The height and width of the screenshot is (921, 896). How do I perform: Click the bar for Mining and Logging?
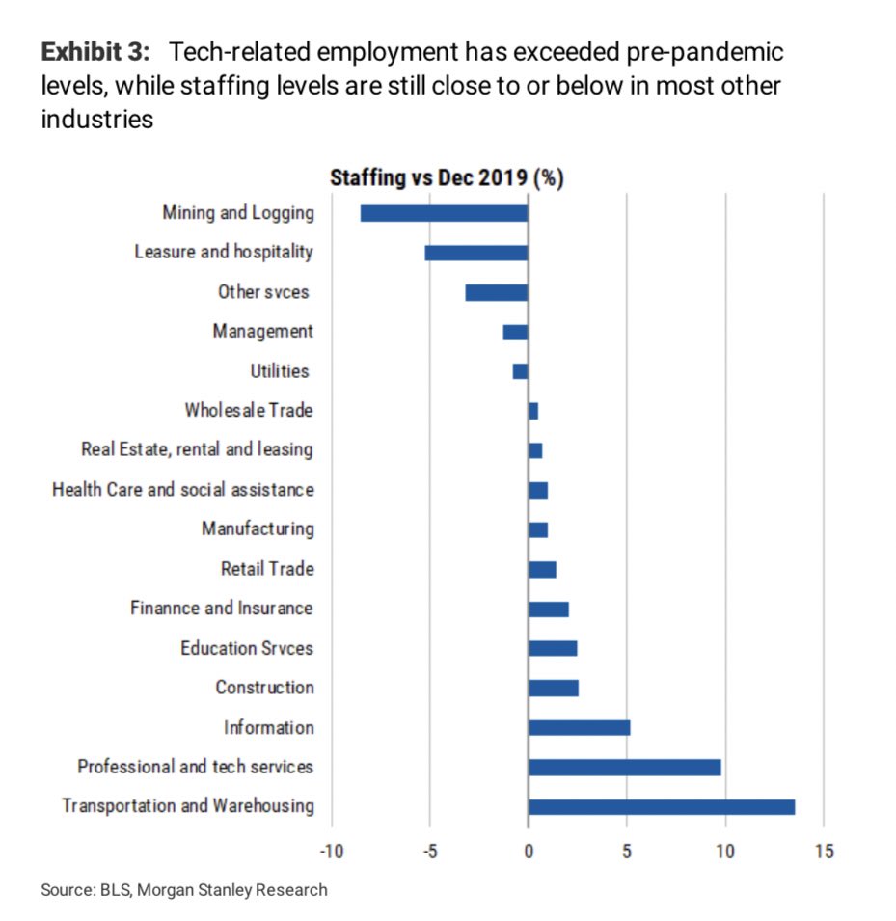pos(444,213)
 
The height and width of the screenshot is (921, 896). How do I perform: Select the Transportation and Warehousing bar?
pos(662,806)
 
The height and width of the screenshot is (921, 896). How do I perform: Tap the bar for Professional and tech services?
pos(624,767)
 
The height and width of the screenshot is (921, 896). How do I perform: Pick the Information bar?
pos(579,727)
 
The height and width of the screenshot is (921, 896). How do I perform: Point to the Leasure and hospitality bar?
pos(476,253)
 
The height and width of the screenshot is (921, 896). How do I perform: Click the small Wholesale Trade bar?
pos(533,411)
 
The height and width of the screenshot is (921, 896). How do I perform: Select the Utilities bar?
pos(521,371)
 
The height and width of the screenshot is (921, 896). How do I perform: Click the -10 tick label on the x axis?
pos(332,852)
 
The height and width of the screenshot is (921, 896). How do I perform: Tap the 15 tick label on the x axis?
pos(823,852)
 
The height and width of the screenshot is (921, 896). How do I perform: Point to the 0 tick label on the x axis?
pos(529,852)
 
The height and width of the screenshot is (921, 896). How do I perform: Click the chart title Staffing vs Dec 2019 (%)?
pos(447,178)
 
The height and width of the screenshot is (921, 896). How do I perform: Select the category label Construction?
pos(264,688)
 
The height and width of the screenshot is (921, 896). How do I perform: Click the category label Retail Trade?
pos(267,569)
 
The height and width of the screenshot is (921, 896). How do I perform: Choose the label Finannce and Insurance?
pos(222,609)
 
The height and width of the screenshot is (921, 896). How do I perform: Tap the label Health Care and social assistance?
pos(183,490)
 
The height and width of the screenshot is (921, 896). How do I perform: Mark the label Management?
pos(263,332)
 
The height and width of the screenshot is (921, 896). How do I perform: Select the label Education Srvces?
pos(247,648)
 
